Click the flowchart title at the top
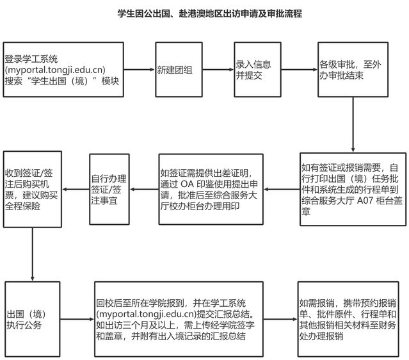209,13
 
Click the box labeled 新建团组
179,70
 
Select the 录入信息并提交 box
257,70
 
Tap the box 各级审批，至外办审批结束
353,70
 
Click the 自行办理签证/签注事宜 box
109,189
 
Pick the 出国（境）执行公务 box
33,319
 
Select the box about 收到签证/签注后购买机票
33,189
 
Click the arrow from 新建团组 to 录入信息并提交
218,70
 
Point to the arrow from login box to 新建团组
140,70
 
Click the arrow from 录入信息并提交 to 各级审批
300,70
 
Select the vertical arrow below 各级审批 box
353,124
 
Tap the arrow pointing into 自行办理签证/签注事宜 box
144,189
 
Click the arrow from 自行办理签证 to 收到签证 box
76,189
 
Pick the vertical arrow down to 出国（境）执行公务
33,254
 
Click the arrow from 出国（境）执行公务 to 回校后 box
77,319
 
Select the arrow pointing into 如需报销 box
280,319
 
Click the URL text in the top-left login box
55,70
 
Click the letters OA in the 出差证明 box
187,184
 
